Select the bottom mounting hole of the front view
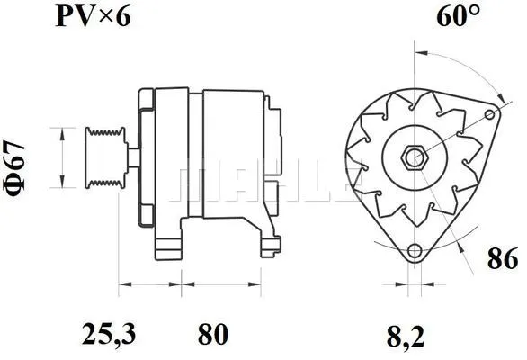tap(414, 251)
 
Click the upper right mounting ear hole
tap(491, 113)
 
